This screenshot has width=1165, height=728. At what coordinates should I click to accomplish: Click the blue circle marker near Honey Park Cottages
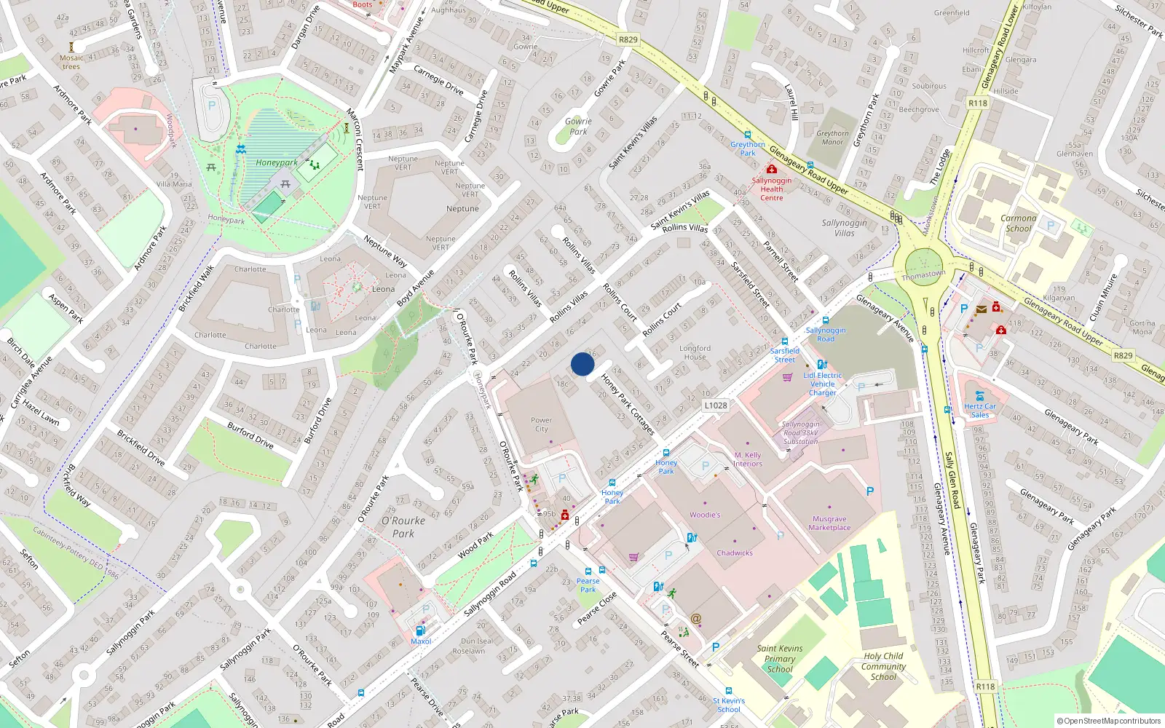(582, 364)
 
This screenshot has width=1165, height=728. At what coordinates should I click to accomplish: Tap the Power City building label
(541, 424)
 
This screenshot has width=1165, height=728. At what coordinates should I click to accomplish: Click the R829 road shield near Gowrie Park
(628, 40)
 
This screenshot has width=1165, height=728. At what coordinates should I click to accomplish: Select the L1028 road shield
(716, 405)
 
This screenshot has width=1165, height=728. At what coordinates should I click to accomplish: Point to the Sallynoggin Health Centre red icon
(772, 169)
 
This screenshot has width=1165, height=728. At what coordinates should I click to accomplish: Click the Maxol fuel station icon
(420, 630)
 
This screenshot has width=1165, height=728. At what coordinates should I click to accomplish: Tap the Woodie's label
(705, 515)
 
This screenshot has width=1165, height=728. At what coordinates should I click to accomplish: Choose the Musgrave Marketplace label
(829, 523)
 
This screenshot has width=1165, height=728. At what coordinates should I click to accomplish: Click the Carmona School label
(1018, 223)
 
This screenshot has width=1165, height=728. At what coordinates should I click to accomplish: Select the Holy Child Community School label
(883, 666)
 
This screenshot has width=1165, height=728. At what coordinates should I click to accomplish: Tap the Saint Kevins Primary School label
(780, 658)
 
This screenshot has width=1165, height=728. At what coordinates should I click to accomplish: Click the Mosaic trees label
(71, 62)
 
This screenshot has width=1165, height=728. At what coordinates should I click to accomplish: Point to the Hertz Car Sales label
(980, 411)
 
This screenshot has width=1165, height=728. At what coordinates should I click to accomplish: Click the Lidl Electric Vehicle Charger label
(823, 384)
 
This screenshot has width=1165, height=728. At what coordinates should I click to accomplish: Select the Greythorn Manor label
(832, 138)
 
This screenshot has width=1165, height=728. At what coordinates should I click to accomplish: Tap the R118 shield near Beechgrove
(978, 103)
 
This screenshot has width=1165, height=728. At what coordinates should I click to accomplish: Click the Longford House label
(695, 352)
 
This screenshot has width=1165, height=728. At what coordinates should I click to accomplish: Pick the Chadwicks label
(735, 553)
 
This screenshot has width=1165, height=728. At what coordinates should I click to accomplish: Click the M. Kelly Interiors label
(748, 459)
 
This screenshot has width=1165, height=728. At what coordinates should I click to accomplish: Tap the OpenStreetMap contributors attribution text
(1110, 721)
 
